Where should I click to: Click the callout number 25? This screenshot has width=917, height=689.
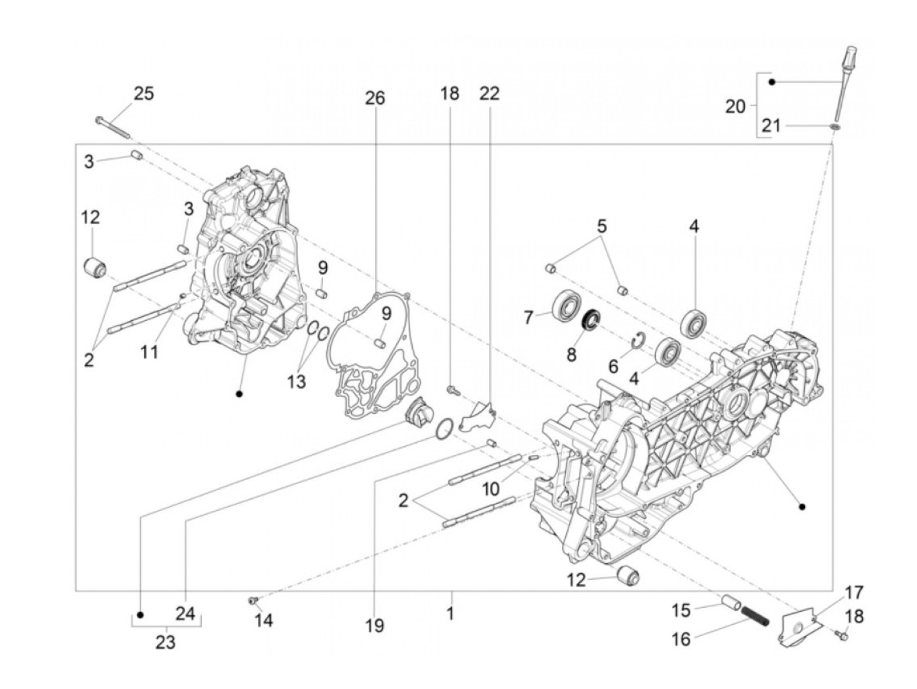(x=143, y=94)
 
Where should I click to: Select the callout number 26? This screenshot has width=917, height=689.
(x=375, y=98)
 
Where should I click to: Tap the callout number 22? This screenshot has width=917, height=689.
(x=489, y=93)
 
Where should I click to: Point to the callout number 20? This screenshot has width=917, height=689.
(x=736, y=105)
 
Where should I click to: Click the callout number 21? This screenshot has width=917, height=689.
(x=771, y=125)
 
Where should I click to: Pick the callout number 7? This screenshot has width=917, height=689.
(x=529, y=318)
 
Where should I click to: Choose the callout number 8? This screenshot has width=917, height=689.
(x=571, y=354)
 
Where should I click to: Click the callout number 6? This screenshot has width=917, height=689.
(x=613, y=365)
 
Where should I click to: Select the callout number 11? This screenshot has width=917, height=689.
(x=149, y=352)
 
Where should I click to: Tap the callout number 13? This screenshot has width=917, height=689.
(x=296, y=381)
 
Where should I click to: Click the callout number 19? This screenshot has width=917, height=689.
(x=374, y=626)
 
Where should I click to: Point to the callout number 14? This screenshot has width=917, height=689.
(x=263, y=619)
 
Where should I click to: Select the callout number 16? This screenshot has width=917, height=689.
(x=681, y=639)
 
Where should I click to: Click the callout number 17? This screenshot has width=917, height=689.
(x=853, y=593)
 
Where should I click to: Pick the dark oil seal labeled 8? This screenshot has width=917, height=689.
(x=592, y=319)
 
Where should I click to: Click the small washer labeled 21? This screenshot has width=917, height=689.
(x=834, y=125)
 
